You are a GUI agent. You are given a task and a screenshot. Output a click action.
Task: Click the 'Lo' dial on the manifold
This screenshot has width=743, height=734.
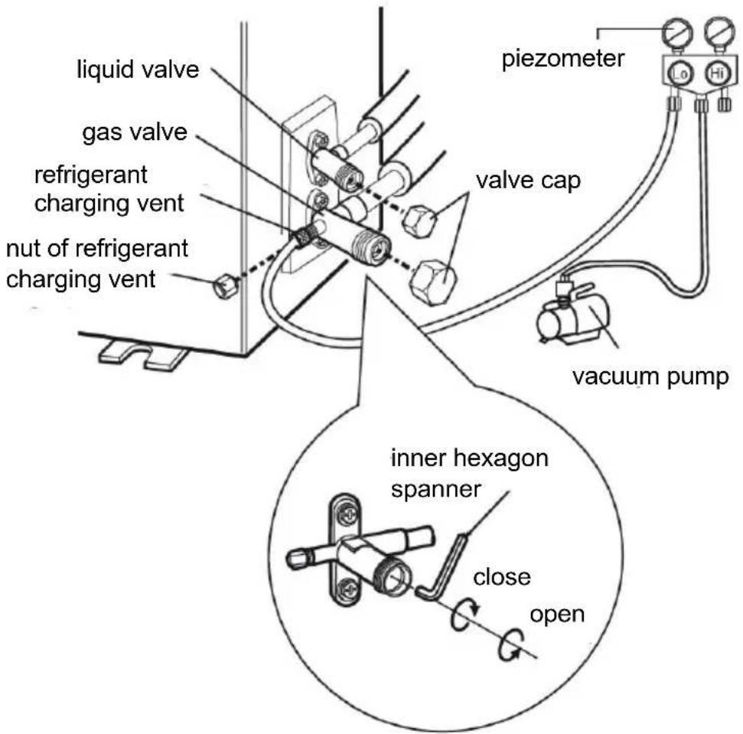[680, 73]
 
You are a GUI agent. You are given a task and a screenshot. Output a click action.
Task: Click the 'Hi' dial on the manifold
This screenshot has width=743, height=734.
[716, 73]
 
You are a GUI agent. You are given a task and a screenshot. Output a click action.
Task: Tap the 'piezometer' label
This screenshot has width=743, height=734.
[563, 59]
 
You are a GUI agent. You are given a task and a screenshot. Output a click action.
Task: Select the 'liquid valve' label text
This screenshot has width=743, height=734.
[138, 70]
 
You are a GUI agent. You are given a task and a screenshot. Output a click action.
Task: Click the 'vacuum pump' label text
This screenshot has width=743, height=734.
[650, 377]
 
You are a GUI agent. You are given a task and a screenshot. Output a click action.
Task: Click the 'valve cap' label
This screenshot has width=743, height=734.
[528, 181]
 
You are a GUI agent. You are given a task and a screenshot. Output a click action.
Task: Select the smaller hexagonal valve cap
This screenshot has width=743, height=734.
[420, 220]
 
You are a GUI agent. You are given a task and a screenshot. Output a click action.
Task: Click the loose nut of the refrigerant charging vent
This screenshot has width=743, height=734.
[225, 285]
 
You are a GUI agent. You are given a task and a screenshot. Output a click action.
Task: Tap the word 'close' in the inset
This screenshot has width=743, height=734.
[502, 577]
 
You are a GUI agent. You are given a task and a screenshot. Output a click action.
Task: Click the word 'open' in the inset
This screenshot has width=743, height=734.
[557, 615]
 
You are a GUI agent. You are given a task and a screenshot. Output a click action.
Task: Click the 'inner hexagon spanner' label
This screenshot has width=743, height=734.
[469, 473]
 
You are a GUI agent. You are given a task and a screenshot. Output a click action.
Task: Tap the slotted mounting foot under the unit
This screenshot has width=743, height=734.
[142, 355]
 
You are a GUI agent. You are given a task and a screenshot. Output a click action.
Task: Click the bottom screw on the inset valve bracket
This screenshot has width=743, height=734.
[350, 589]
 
